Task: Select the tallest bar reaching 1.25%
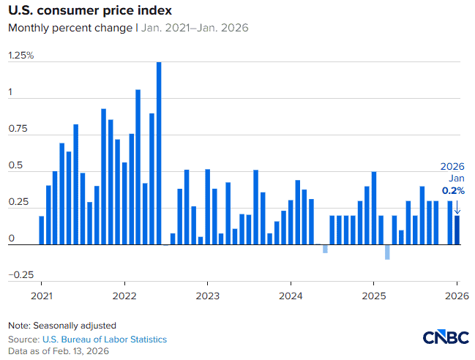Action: pos(159,154)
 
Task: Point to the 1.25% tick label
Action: pos(21,56)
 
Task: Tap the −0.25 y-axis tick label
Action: pos(21,274)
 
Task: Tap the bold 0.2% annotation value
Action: pos(453,190)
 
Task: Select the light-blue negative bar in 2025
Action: pos(387,252)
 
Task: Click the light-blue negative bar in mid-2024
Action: pos(325,249)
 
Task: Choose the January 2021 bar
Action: pos(42,230)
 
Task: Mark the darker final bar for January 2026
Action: pos(457,230)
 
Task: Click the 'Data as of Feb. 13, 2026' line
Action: pos(58,352)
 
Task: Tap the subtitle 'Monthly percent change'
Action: pos(70,29)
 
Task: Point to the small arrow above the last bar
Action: pos(457,206)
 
